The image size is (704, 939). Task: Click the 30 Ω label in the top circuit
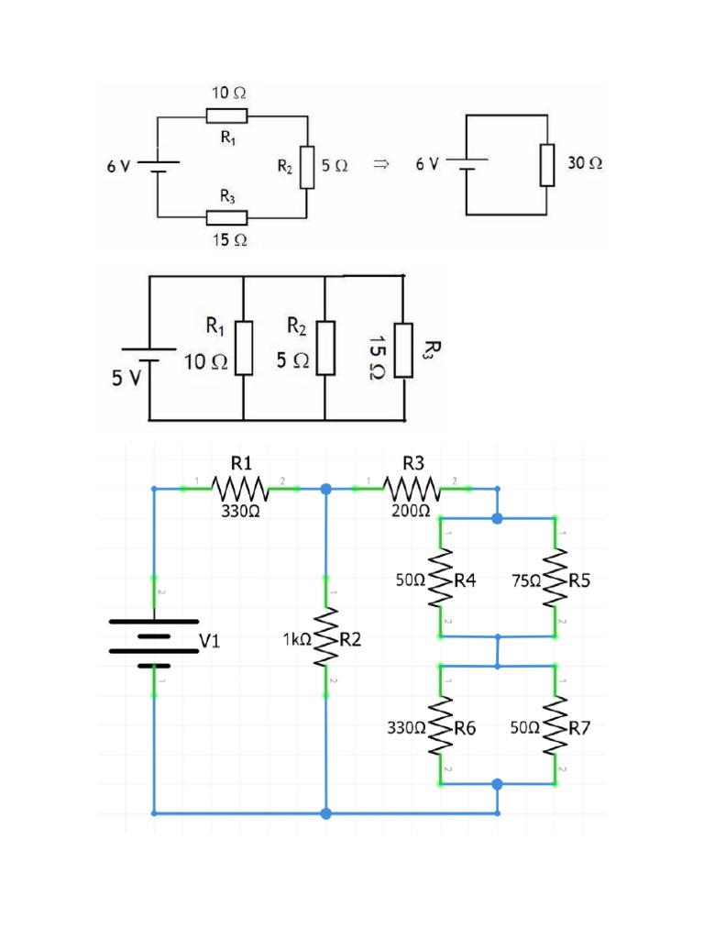tap(585, 163)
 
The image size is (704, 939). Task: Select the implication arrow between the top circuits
tap(381, 164)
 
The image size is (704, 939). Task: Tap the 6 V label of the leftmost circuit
tap(118, 167)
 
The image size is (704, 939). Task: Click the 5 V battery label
tap(126, 378)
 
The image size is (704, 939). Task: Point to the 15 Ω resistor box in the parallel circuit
tap(403, 349)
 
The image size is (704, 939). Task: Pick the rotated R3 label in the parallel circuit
tap(433, 349)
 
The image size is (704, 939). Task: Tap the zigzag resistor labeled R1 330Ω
tap(240, 489)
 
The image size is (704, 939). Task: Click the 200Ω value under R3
tap(411, 511)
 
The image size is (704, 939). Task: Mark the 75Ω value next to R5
tap(527, 580)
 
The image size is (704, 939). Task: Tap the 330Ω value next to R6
tap(408, 729)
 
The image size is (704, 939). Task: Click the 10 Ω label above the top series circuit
tap(228, 94)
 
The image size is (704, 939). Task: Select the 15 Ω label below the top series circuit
tap(229, 239)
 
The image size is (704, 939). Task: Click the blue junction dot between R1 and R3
tap(325, 489)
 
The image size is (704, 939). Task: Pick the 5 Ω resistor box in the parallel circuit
tap(325, 347)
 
